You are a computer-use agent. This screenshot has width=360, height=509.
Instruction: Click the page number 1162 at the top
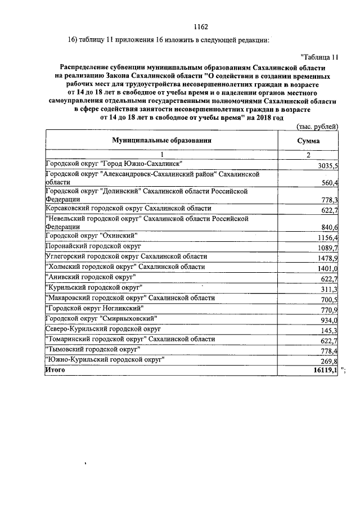pos(201,26)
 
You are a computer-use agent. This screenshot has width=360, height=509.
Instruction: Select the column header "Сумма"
pos(308,141)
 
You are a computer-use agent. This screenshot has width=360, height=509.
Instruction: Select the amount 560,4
pos(329,183)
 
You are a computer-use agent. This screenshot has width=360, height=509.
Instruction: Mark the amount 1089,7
pos(327,247)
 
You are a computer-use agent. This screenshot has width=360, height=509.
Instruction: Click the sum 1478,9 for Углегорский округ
pos(327,258)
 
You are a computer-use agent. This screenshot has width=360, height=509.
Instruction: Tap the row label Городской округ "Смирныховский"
pos(101,318)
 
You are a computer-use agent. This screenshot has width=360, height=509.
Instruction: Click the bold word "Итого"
pos(55,370)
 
